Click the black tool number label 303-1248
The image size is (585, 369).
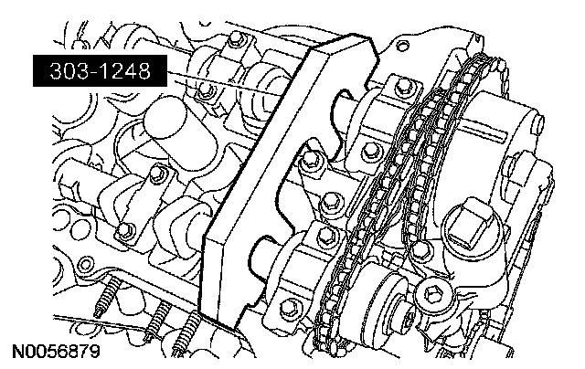tap(100, 71)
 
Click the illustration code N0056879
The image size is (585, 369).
tap(57, 351)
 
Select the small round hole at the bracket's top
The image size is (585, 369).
tap(401, 47)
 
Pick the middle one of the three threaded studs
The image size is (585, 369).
tap(157, 320)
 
